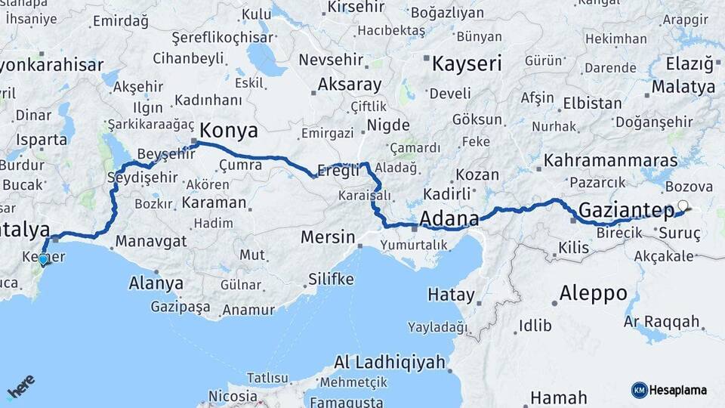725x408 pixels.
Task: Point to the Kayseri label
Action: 466,63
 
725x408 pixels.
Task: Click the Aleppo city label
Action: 594,292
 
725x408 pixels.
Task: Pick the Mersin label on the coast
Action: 328,237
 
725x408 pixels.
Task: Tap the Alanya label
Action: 156,283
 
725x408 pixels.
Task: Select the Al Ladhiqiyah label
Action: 389,363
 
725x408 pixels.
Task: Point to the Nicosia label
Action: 233,396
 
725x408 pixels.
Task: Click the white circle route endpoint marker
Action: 683,205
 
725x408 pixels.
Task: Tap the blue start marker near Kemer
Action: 44,260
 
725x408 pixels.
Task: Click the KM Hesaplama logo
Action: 669,390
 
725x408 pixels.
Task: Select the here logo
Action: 20,387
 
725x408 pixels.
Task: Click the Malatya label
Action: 683,87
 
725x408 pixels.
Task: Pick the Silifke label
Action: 331,280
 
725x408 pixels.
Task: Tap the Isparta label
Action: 42,140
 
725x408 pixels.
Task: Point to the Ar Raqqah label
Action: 662,322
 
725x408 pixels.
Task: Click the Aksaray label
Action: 350,84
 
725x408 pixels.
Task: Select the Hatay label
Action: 451,295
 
